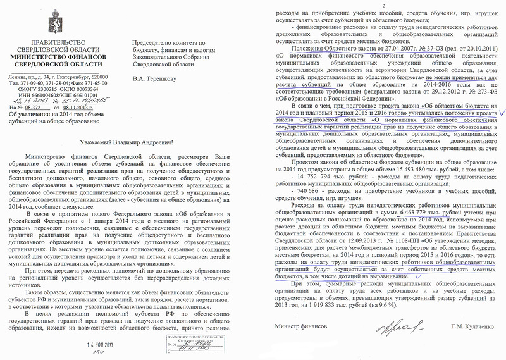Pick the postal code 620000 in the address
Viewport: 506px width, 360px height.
pos(109,77)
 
